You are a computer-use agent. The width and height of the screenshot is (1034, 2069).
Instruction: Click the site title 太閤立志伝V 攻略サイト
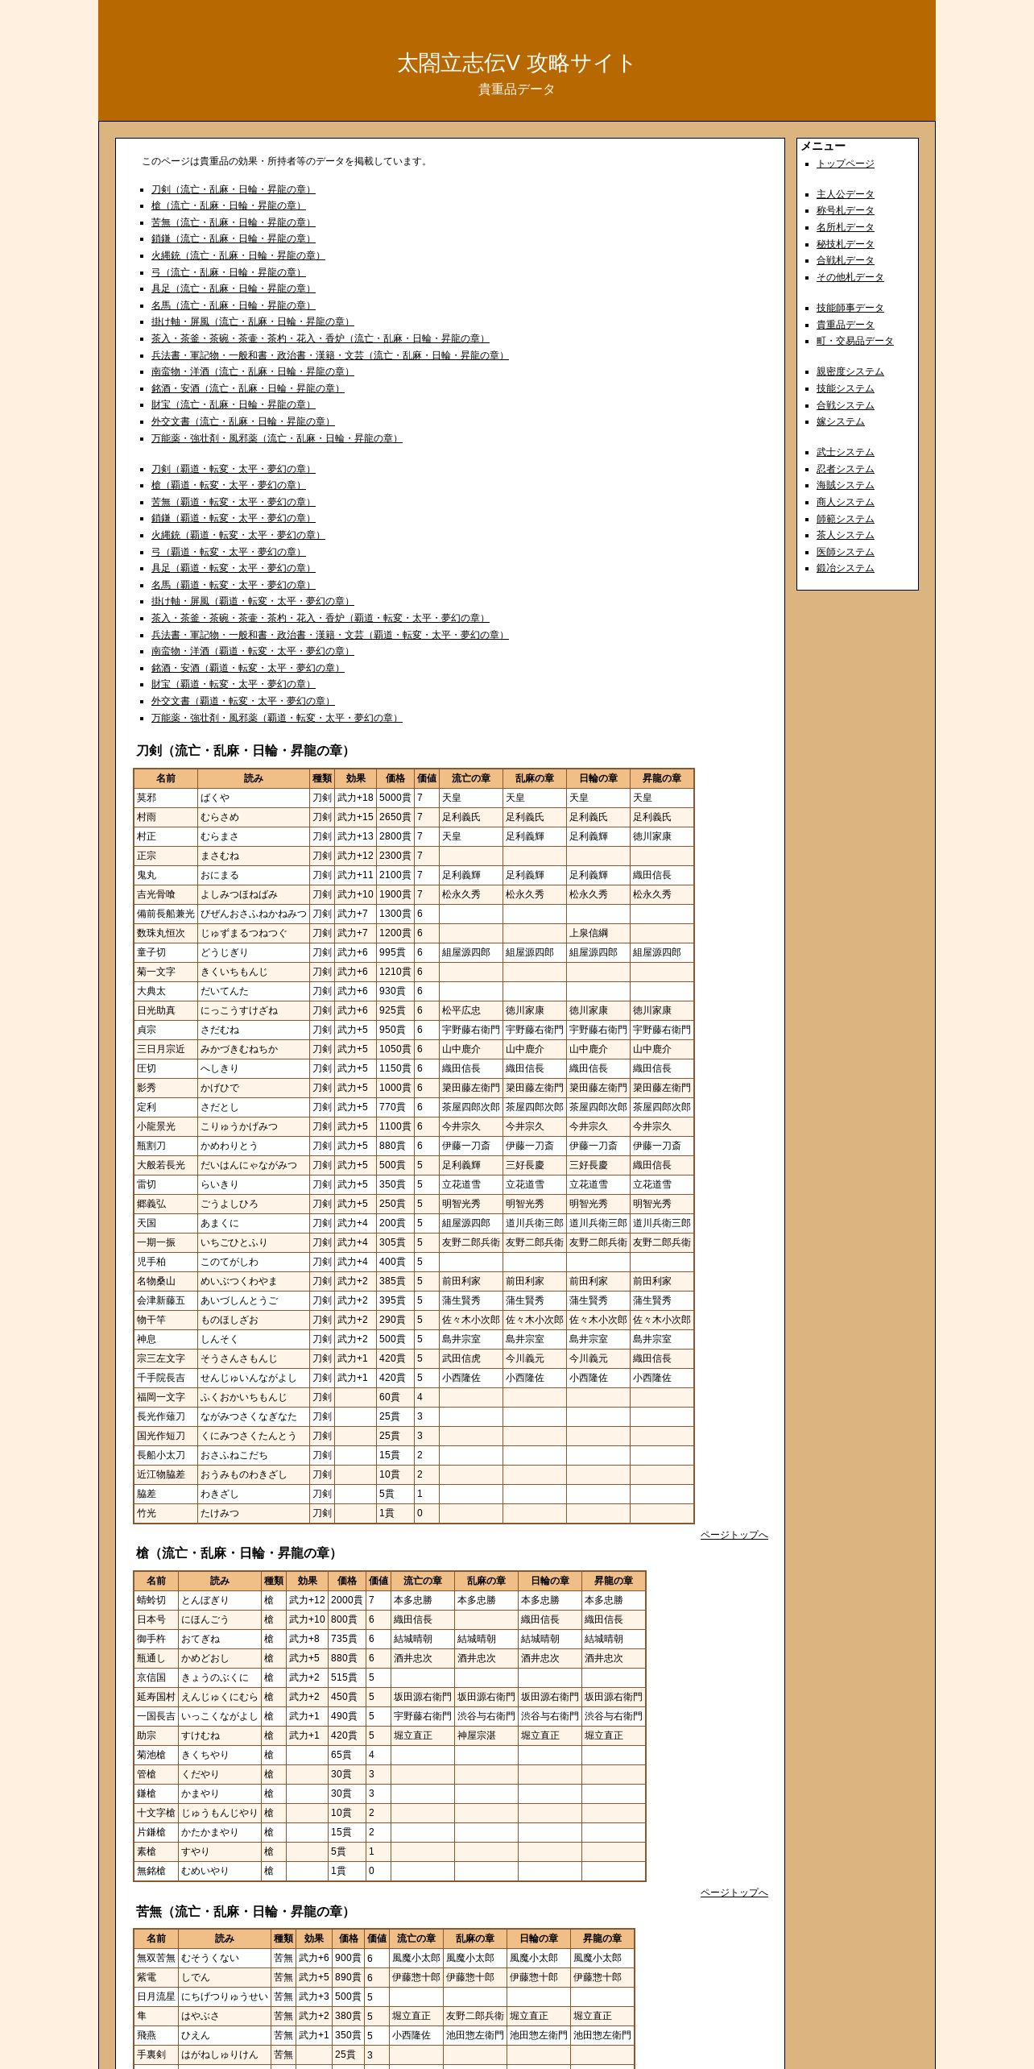tap(516, 63)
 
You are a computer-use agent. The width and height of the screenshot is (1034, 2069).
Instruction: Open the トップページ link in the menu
tap(845, 164)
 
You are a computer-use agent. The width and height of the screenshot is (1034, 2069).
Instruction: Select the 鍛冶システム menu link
tap(845, 568)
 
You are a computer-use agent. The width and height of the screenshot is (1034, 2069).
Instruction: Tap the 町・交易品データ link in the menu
tap(854, 341)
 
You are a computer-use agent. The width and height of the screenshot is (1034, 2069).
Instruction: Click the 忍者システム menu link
tap(845, 469)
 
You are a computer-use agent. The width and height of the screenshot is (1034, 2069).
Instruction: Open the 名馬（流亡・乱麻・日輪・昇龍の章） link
tap(233, 305)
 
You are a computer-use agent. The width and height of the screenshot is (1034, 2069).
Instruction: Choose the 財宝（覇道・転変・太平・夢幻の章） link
tap(233, 684)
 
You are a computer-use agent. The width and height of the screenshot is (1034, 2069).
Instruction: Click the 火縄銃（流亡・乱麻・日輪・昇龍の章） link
tap(238, 255)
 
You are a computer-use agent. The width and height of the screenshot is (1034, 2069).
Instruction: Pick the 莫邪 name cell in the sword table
tap(147, 798)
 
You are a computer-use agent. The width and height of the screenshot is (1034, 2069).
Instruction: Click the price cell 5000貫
tap(395, 798)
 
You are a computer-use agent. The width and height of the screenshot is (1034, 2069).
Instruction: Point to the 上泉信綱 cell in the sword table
tap(589, 933)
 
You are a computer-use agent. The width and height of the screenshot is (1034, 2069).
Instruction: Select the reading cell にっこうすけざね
tap(238, 1010)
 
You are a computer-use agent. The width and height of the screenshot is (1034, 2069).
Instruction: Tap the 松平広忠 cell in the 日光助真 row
tap(461, 1010)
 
